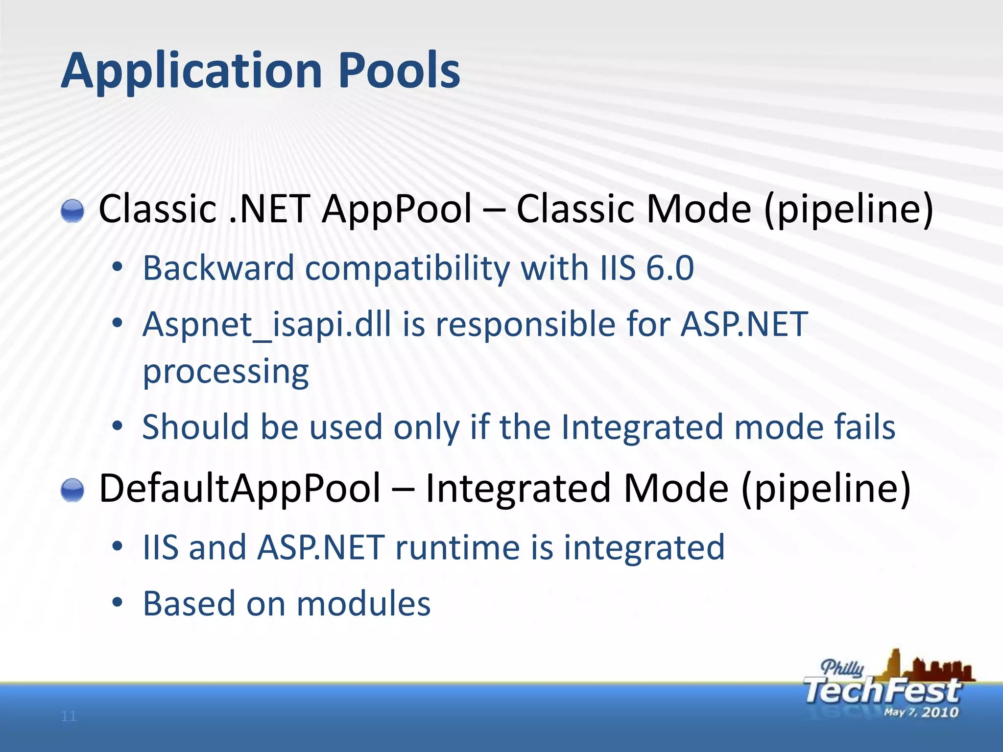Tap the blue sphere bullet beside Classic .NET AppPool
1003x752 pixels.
coord(72,211)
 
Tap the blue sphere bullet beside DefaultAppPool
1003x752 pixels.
coord(72,490)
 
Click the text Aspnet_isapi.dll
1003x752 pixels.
coord(267,325)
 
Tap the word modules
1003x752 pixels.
coord(363,604)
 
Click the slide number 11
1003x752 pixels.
coord(69,716)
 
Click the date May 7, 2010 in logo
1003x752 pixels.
coord(921,712)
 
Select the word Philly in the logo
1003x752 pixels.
coord(842,668)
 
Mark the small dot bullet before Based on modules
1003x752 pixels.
coord(117,603)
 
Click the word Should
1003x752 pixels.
coord(195,427)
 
